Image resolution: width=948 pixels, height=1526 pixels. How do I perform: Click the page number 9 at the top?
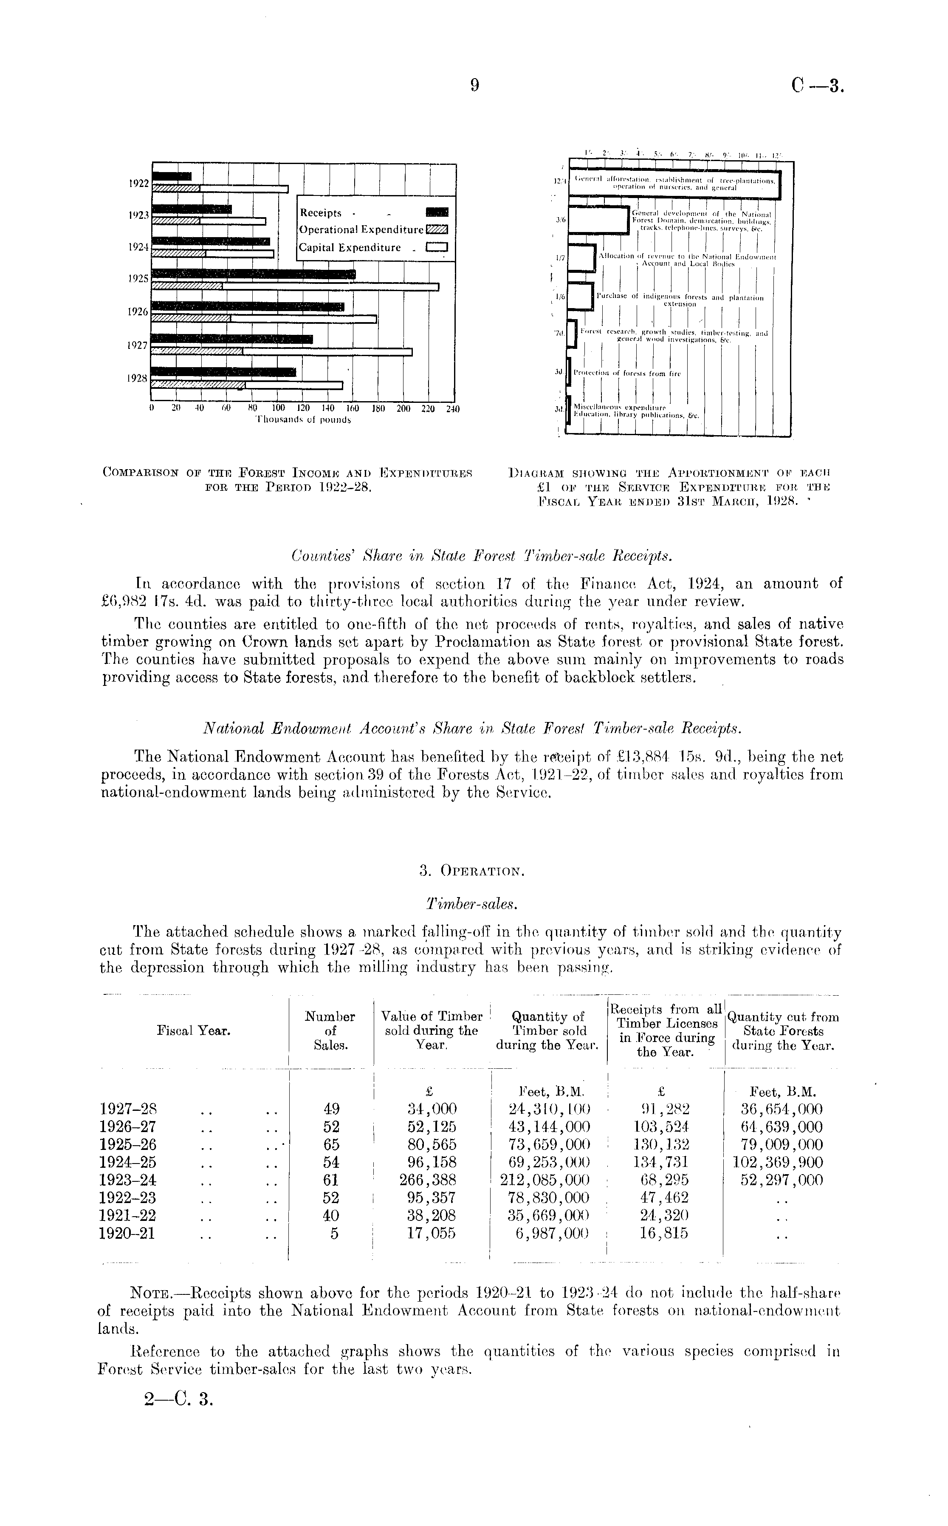tap(474, 85)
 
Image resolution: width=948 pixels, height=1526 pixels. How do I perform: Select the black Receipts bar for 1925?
tap(254, 274)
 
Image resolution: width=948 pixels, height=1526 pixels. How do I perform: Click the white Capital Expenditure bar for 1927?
tap(327, 352)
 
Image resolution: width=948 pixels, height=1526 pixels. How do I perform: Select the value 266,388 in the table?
tap(431, 1180)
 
